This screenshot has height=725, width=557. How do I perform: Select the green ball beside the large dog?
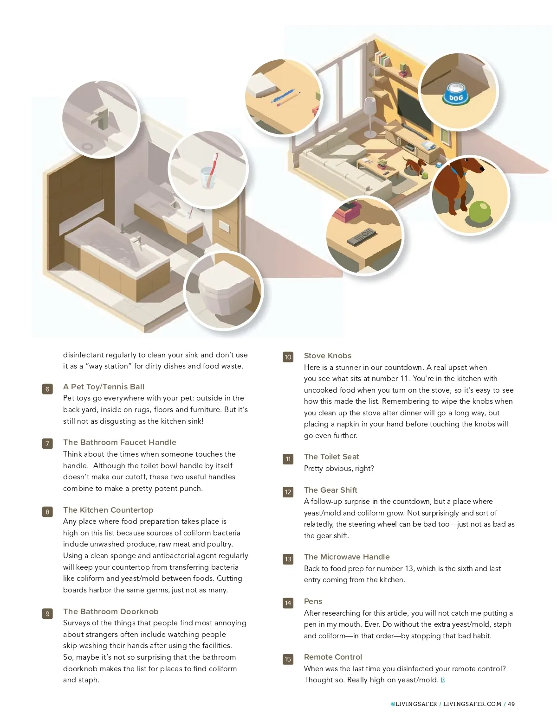pyautogui.click(x=480, y=211)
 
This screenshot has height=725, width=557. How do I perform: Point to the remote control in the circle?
pyautogui.click(x=362, y=236)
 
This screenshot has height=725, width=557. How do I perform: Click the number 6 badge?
pyautogui.click(x=47, y=389)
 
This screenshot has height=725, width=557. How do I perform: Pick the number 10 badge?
pyautogui.click(x=288, y=357)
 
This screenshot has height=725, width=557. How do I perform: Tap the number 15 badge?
pyautogui.click(x=288, y=659)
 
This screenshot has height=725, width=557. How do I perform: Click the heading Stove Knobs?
pyautogui.click(x=328, y=356)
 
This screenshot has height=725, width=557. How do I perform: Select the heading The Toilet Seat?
pyautogui.click(x=331, y=457)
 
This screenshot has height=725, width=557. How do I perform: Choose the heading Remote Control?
pyautogui.click(x=333, y=656)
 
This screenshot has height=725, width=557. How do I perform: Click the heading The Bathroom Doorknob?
pyautogui.click(x=110, y=611)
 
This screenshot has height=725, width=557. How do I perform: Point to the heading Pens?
pyautogui.click(x=313, y=601)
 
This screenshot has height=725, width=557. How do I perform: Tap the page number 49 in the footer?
pyautogui.click(x=511, y=704)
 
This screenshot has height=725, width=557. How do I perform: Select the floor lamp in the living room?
pyautogui.click(x=370, y=117)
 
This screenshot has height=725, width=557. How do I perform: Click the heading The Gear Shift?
pyautogui.click(x=330, y=490)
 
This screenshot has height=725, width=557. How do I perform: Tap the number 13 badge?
pyautogui.click(x=288, y=559)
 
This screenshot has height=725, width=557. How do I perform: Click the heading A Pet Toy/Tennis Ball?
pyautogui.click(x=104, y=387)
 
